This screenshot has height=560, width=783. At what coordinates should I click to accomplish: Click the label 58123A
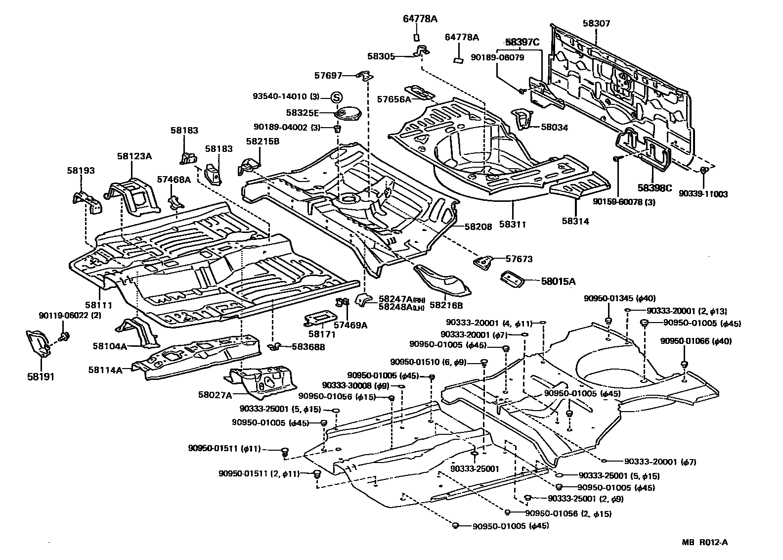click(134, 156)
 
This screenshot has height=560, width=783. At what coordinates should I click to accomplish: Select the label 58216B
click(446, 306)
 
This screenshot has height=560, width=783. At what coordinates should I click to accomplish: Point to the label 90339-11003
click(704, 194)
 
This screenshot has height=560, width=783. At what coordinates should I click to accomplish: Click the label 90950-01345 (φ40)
click(619, 298)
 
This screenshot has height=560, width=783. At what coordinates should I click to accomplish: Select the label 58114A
click(105, 369)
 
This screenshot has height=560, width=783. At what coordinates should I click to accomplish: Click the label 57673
click(519, 258)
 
